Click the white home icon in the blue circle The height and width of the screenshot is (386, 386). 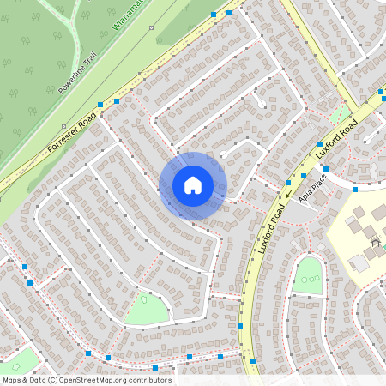pyautogui.click(x=193, y=185)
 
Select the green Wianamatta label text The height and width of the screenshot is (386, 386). pyautogui.click(x=130, y=15)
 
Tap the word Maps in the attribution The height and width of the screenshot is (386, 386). pyautogui.click(x=11, y=380)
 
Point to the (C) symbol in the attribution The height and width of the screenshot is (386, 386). pyautogui.click(x=52, y=380)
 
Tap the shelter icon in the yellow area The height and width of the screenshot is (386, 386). pyautogui.click(x=375, y=243)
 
